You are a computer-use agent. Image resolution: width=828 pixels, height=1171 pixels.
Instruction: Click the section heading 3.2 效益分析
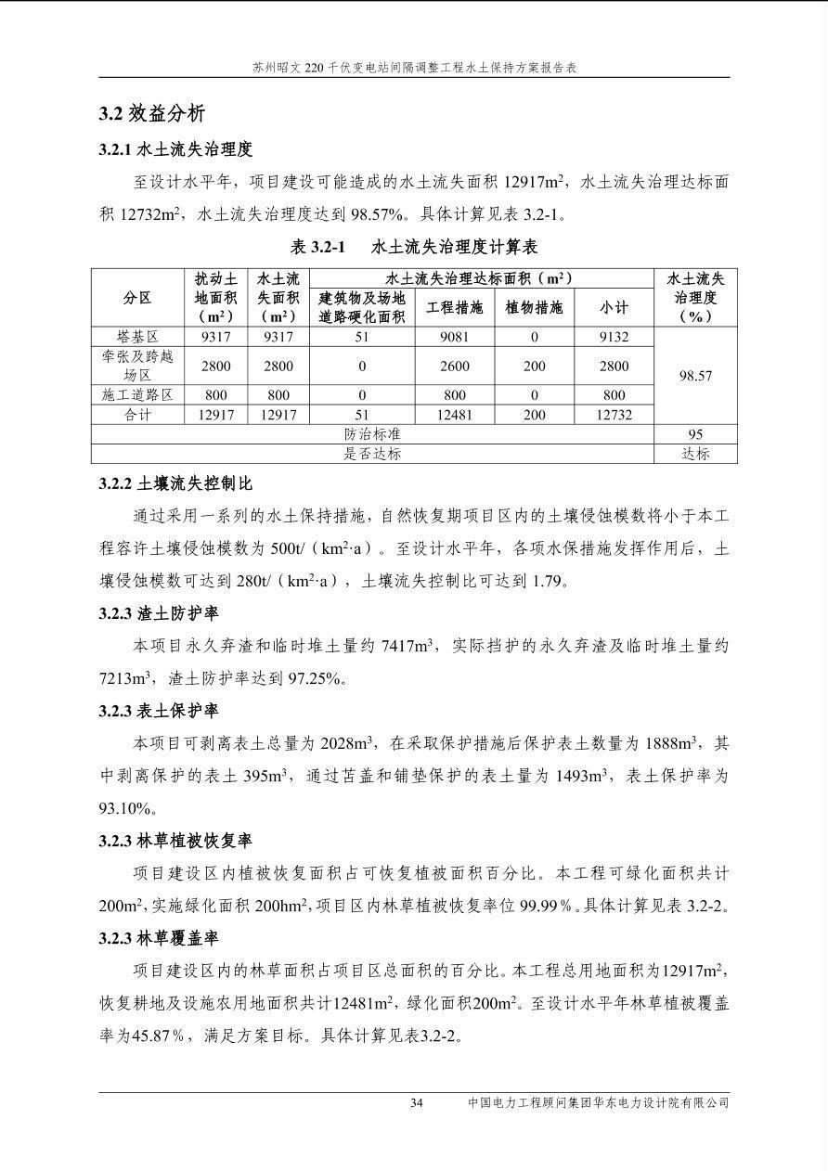coord(152,114)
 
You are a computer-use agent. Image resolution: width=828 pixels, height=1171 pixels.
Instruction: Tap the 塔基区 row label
coord(137,337)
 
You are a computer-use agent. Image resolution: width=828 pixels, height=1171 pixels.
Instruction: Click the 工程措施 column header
coord(454,307)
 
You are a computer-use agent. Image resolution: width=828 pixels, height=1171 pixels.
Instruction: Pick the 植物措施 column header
coord(534,307)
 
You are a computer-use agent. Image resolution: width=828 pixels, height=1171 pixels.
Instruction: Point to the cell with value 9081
coord(454,337)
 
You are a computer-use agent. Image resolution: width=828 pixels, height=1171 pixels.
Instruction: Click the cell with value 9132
coord(614,337)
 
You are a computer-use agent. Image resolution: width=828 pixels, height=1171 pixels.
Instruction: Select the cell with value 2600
coord(454,367)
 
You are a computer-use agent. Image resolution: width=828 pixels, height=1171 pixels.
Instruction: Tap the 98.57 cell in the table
coord(695,376)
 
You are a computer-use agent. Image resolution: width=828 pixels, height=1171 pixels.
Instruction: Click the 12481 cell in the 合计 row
coord(454,415)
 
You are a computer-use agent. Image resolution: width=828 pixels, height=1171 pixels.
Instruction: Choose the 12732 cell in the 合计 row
coord(614,415)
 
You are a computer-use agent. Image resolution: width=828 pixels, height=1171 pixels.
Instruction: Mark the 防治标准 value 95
coord(695,434)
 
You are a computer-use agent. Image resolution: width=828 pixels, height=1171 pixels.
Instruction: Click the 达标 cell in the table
coord(695,454)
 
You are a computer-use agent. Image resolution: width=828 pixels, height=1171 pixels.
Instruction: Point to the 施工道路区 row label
coord(137,395)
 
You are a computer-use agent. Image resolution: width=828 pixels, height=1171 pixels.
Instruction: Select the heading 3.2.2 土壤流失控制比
coord(175,484)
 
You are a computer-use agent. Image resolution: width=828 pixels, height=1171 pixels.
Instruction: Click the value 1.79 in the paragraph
coord(547,582)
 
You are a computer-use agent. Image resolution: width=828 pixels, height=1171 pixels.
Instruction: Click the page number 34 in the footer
coord(417,1103)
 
